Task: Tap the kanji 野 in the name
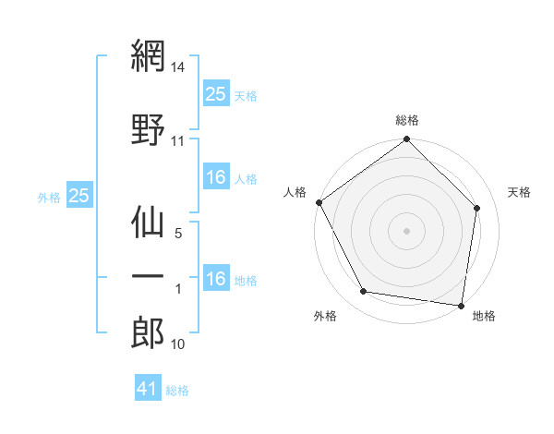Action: [148, 127]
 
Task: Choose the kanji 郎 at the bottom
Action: [148, 332]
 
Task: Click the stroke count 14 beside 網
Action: [178, 68]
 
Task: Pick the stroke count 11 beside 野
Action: [178, 141]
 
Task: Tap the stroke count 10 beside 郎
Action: [178, 344]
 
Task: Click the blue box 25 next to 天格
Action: [216, 94]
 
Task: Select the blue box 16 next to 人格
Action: [216, 178]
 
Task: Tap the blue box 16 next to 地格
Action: [216, 279]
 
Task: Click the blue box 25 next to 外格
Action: [78, 196]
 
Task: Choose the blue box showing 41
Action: [148, 390]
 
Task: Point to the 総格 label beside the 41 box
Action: [177, 391]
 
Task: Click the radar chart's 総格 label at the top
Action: [407, 120]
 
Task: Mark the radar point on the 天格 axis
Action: [477, 208]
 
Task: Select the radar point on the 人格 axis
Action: [319, 202]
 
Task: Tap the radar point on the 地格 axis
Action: [462, 305]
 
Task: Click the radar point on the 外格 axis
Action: [364, 292]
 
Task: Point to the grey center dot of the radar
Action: [407, 230]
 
